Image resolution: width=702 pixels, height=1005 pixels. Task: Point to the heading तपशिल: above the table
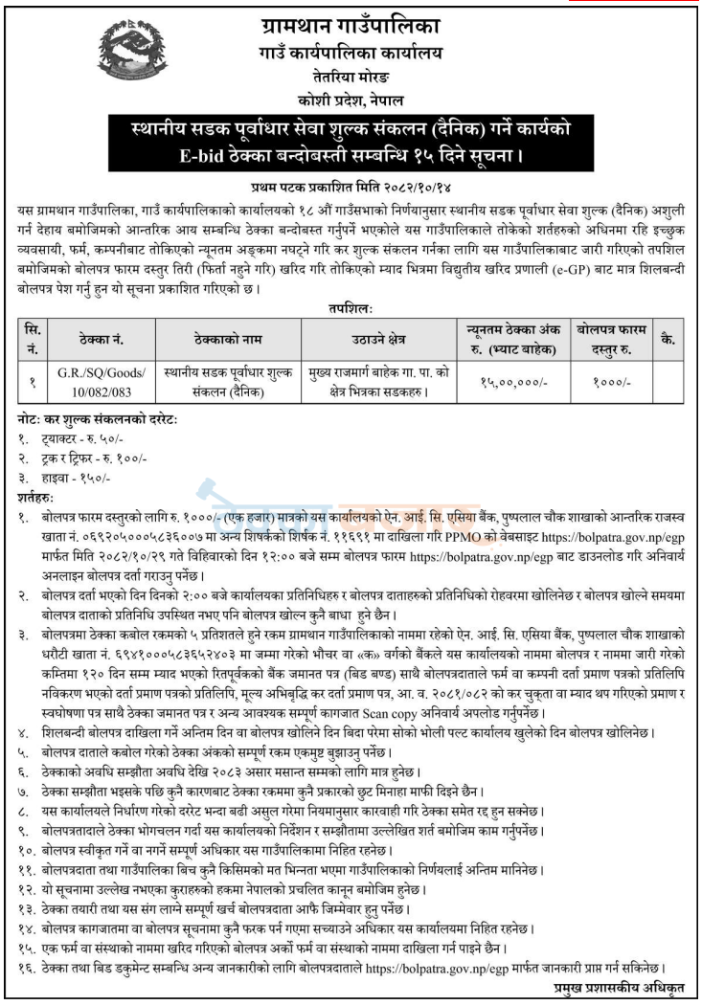click(351, 307)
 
